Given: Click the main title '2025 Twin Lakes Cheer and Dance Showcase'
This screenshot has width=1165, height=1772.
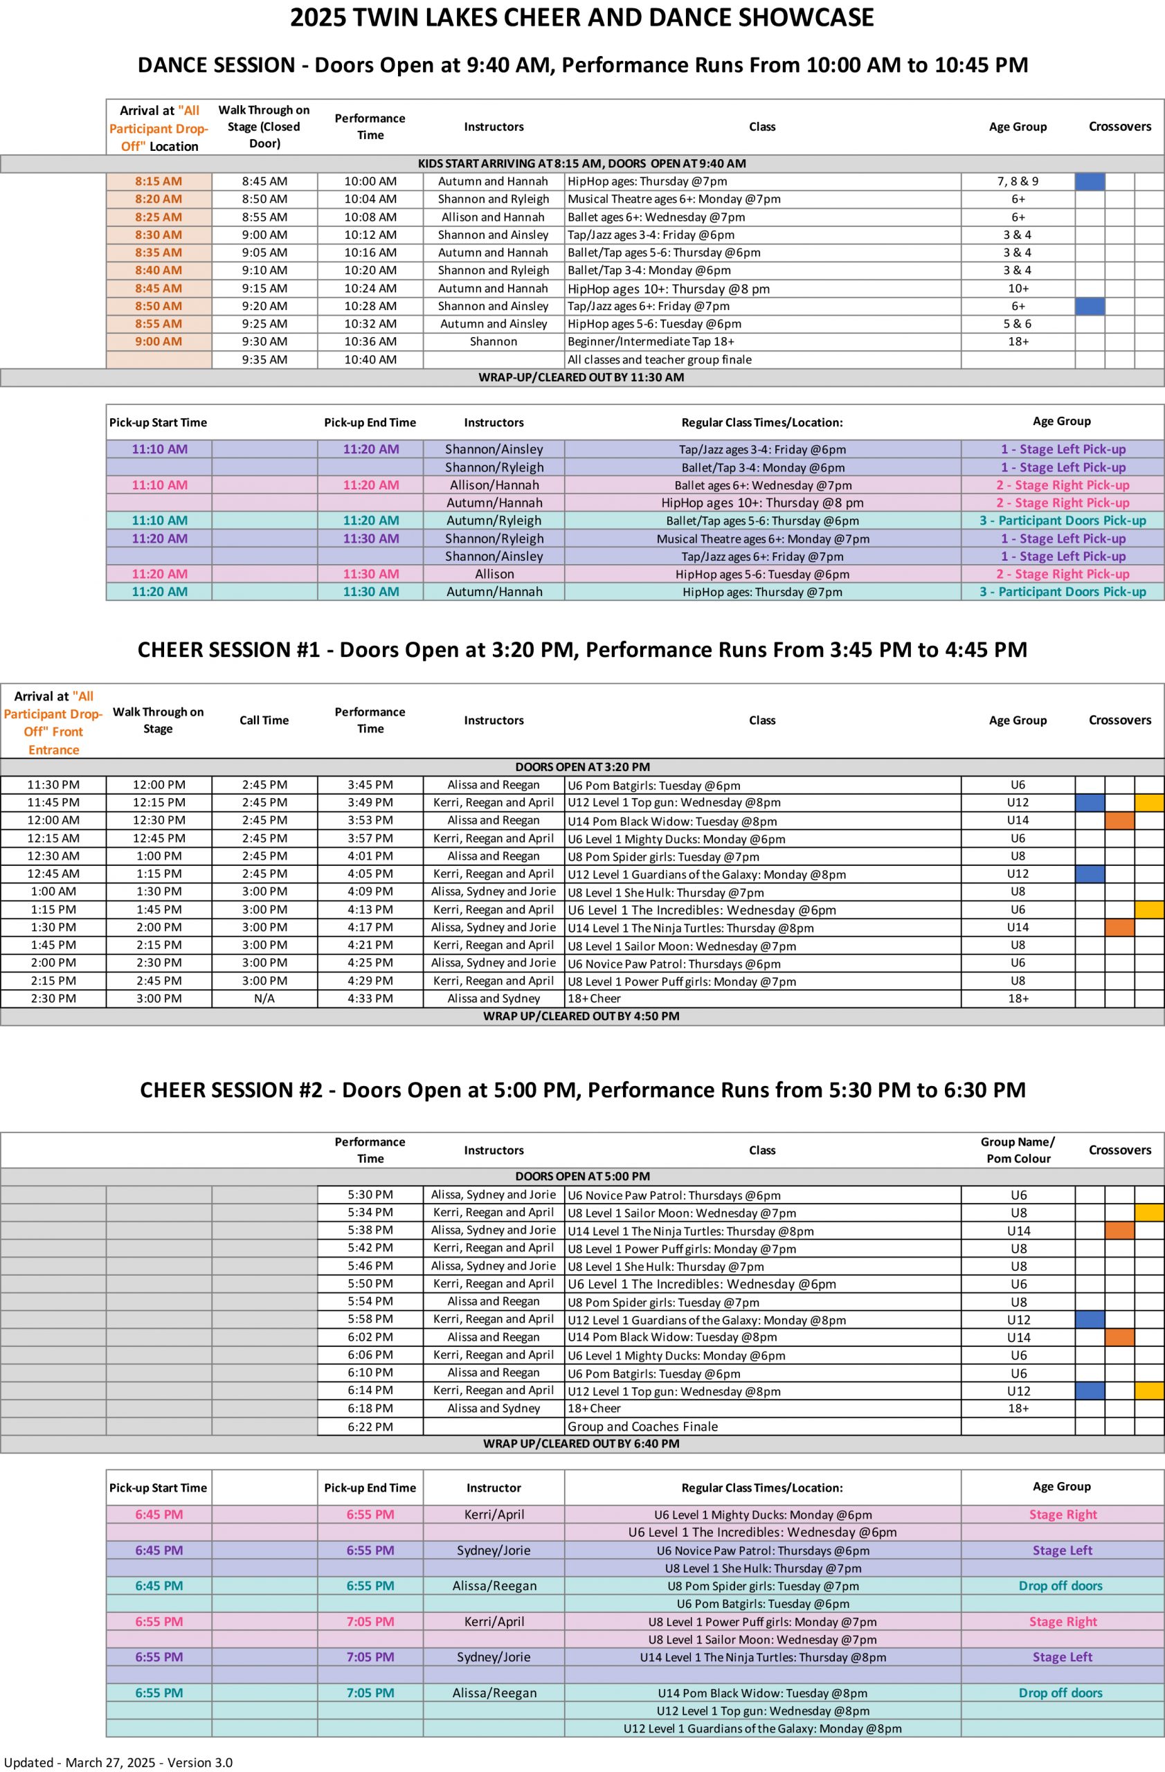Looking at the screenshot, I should click(581, 17).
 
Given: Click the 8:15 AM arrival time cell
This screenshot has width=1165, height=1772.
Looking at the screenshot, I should click(159, 181).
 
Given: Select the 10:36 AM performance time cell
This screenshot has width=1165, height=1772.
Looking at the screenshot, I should click(370, 342).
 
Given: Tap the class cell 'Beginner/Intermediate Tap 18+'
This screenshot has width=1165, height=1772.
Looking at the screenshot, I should click(651, 342).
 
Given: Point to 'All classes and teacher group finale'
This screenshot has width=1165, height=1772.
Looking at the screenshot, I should click(660, 360).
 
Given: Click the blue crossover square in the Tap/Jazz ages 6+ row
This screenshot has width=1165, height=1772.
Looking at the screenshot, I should click(1090, 306).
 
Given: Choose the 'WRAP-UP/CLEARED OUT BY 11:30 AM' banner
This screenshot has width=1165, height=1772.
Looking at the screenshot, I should click(581, 377).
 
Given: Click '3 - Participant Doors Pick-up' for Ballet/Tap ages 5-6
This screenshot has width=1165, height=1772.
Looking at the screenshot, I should click(1063, 521).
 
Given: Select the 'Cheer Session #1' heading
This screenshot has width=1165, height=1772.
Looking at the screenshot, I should click(581, 650).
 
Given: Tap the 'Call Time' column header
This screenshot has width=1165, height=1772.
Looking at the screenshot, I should click(264, 720).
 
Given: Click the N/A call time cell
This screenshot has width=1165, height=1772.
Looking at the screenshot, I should click(264, 998).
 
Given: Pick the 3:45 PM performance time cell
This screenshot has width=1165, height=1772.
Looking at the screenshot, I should click(370, 785).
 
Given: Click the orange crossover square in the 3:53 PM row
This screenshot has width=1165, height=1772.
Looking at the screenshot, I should click(1119, 820).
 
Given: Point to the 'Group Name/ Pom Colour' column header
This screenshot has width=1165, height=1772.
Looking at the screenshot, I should click(1018, 1150).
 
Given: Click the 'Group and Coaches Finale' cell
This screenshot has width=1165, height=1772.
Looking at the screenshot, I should click(642, 1427).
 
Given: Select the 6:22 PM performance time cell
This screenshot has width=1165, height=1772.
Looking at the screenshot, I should click(370, 1427).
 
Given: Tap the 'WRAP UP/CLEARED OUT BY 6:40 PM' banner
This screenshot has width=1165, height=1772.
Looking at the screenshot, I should click(581, 1444).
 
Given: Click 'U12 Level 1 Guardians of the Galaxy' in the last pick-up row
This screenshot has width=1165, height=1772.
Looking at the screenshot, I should click(762, 1729).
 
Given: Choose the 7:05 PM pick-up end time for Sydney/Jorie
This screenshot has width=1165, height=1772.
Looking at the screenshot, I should click(370, 1657).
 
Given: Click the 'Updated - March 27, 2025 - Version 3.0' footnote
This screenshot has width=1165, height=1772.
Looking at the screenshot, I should click(118, 1762).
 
